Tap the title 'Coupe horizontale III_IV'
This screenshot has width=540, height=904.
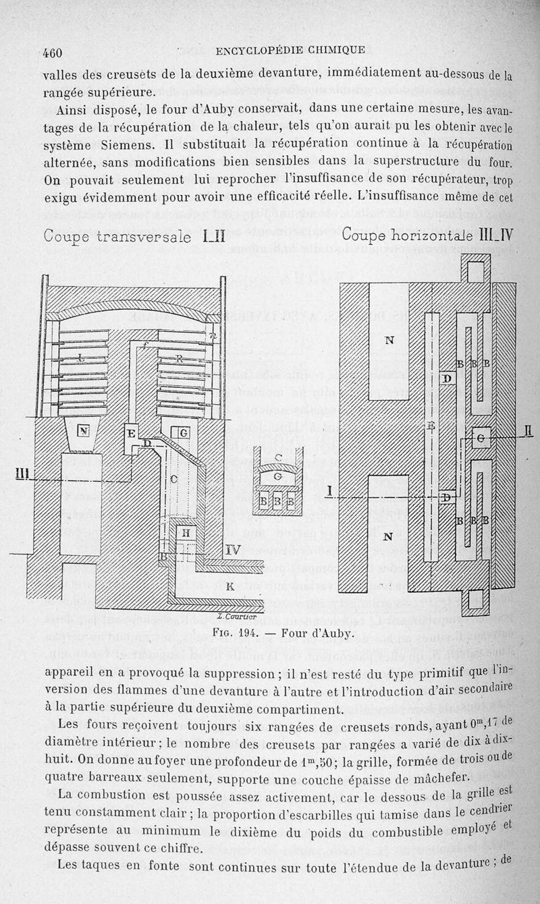click(428, 235)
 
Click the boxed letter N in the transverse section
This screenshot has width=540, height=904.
click(84, 430)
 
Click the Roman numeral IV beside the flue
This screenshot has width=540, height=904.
click(232, 550)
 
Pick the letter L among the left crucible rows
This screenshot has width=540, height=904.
click(81, 359)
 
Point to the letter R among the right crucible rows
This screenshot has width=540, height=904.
click(180, 359)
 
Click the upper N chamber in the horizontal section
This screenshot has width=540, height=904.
click(389, 340)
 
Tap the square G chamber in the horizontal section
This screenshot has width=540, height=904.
click(481, 437)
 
